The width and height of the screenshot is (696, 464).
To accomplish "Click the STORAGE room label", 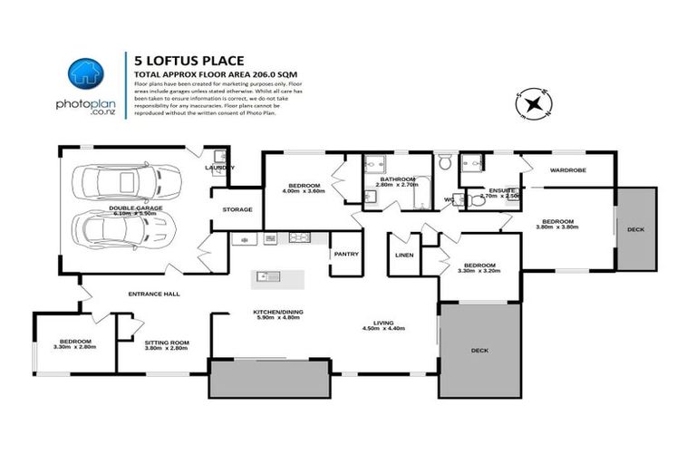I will (x=237, y=209).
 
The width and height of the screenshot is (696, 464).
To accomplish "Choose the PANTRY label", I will (x=346, y=254).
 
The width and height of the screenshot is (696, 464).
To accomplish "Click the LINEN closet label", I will (x=404, y=255).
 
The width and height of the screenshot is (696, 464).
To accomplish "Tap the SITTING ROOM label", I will (x=165, y=342).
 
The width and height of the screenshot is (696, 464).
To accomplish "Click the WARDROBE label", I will (x=568, y=169).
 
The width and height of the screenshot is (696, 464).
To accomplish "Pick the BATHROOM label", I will (x=397, y=179).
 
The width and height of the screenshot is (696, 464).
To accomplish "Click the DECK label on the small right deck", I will (x=635, y=229).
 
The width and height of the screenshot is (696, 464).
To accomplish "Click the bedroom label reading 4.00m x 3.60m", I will (x=302, y=186).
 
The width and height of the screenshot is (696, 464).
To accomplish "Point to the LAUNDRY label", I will (x=219, y=168).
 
